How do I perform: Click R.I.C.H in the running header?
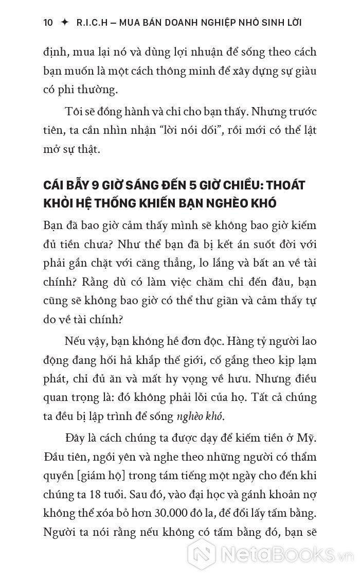92,22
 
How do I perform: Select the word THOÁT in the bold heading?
298,185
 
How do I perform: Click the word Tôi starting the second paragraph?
73,112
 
